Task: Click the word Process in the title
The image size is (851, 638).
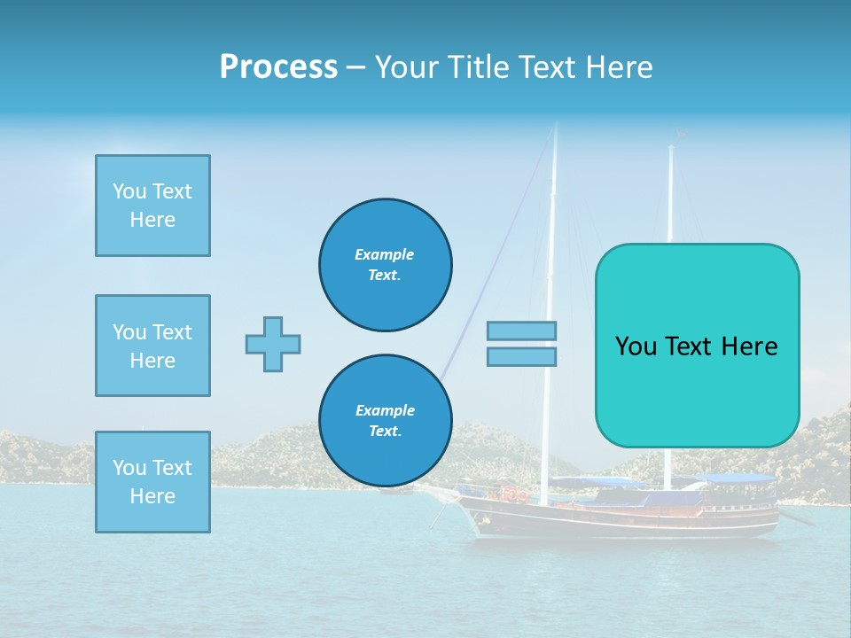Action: (278, 66)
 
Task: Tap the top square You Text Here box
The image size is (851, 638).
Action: (152, 206)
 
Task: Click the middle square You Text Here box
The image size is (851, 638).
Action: (152, 346)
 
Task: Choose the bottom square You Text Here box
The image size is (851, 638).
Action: (152, 482)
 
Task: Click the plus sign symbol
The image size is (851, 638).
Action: (273, 344)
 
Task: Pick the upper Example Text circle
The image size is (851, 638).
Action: (385, 265)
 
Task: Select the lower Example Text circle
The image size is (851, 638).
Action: (385, 421)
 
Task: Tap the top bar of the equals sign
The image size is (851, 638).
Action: (522, 331)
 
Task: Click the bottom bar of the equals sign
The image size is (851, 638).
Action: (522, 356)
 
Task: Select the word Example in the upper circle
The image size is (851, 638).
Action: (385, 254)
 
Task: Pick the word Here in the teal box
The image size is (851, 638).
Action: (749, 346)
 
